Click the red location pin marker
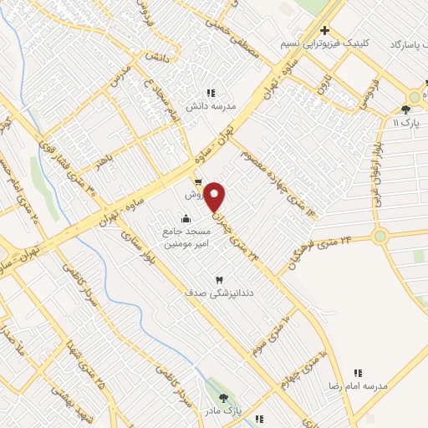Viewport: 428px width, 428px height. click(x=215, y=195)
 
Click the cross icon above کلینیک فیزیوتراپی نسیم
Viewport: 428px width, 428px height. click(x=324, y=31)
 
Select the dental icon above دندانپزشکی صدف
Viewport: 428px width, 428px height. click(x=220, y=280)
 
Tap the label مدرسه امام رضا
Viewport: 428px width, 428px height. click(x=360, y=385)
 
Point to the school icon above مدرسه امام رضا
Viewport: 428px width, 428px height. click(x=359, y=373)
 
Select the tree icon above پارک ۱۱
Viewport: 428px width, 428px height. click(x=406, y=109)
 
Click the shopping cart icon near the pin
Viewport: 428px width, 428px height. click(x=197, y=181)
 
